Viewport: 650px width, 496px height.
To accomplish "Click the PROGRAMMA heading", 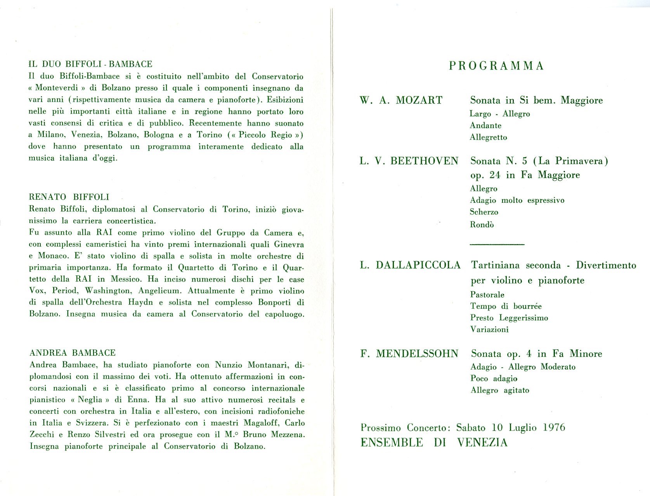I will (496, 66).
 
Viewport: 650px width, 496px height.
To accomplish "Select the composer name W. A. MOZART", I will (401, 100).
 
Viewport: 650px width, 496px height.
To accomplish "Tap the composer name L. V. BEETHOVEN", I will (409, 161).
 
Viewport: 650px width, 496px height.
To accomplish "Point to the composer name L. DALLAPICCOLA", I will (410, 265).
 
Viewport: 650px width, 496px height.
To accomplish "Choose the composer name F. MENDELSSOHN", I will (409, 354).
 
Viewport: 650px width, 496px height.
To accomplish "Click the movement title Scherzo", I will (484, 212).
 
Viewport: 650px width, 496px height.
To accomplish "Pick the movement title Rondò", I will (482, 225).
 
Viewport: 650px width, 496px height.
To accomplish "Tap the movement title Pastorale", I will (487, 295).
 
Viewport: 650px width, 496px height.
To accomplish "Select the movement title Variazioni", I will (489, 330).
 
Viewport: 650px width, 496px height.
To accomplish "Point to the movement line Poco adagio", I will (494, 378).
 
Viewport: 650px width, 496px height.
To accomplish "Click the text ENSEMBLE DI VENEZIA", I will (434, 442).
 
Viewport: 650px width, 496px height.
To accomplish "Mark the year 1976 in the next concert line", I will (554, 428).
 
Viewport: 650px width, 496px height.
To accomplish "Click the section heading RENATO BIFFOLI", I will (69, 197).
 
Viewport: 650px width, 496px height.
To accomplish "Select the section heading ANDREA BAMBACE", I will (73, 353).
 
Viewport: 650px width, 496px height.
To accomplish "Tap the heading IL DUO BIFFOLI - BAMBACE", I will (90, 64).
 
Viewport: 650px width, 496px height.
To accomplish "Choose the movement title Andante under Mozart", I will (485, 126).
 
